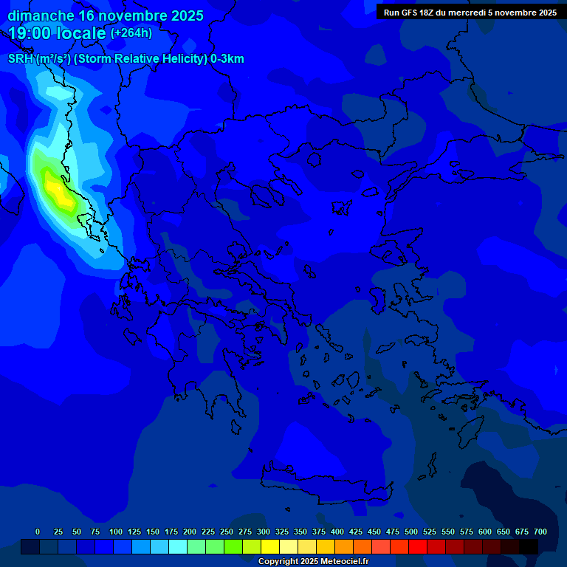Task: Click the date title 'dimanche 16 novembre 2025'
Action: pos(106,16)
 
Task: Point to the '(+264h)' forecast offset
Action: pos(131,33)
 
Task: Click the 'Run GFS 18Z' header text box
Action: pos(470,12)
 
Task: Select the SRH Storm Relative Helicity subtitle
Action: pos(126,59)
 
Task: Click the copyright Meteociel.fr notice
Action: pos(313,561)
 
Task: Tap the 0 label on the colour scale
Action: pos(38,532)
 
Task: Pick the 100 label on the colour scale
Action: pos(116,532)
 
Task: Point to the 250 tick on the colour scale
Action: pos(227,532)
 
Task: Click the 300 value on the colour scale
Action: pos(264,532)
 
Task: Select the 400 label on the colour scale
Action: pos(337,532)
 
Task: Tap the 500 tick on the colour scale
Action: pos(411,532)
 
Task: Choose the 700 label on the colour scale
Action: pos(540,532)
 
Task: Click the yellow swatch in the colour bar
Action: pos(270,546)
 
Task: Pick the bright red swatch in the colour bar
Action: pos(418,546)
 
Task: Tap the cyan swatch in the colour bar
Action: pos(178,546)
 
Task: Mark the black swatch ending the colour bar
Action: pos(529,546)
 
